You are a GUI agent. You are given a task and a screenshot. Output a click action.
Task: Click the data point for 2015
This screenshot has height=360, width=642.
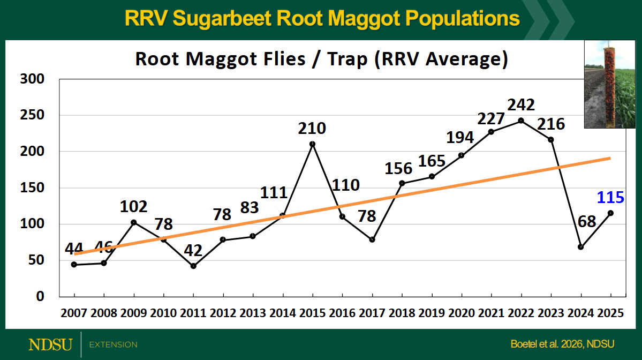coord(313,144)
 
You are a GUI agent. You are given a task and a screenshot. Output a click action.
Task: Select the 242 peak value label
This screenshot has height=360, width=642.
coord(521,104)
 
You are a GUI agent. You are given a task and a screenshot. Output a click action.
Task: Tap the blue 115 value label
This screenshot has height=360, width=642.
coord(610,198)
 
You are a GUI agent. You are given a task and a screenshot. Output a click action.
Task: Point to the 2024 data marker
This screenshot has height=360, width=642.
coord(580,247)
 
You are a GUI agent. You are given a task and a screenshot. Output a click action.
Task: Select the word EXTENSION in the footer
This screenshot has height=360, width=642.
coord(113,344)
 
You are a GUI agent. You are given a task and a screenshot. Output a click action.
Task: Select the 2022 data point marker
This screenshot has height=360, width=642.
coord(521,121)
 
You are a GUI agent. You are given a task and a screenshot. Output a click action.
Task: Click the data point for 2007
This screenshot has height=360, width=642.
coord(74,265)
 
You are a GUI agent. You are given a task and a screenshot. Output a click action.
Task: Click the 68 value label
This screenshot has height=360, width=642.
coord(587,221)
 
